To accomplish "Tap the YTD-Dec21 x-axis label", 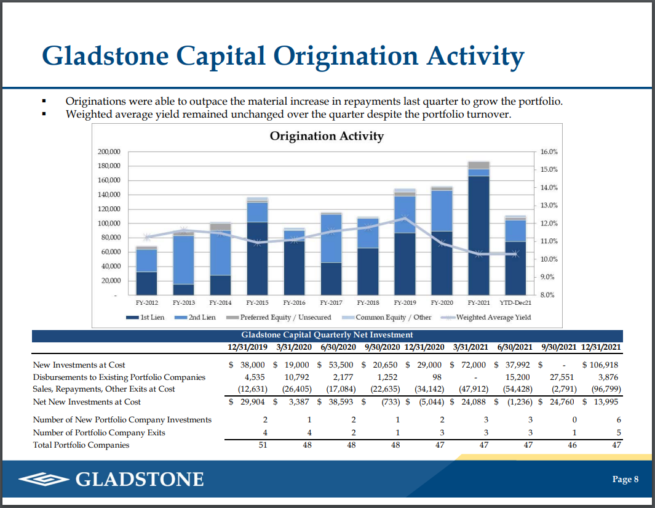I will coord(515,303).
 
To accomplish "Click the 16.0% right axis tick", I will coord(549,151).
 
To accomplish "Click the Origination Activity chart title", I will coord(327,136).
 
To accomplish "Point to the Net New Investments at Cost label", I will coord(87,402).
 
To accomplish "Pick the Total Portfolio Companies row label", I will coord(81,445).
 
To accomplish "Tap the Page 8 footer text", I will coord(625,480).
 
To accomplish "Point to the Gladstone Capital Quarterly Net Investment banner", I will coord(327,335).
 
